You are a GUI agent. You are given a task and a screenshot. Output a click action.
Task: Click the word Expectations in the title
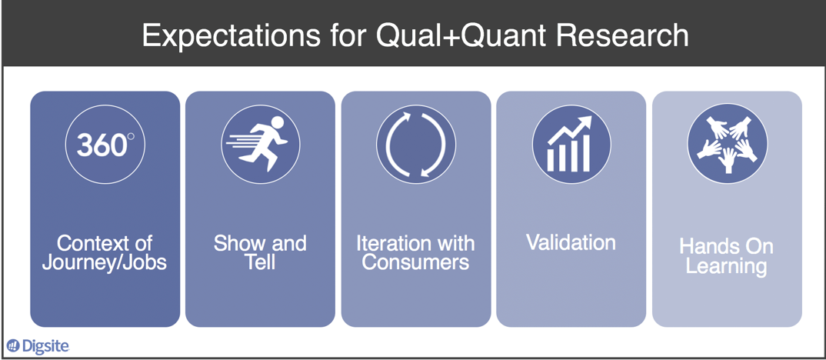[x=224, y=35]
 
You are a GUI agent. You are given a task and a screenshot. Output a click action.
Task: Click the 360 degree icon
[x=105, y=144]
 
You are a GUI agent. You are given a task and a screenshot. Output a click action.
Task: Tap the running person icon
[x=260, y=144]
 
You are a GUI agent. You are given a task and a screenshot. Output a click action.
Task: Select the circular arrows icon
[x=415, y=144]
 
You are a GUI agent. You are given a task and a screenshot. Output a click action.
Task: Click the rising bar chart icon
[x=571, y=144]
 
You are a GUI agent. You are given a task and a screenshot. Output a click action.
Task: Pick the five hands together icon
[x=727, y=144]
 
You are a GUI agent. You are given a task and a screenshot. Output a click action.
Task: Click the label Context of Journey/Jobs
[x=105, y=253]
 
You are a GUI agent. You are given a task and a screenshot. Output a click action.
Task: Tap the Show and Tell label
[x=260, y=253]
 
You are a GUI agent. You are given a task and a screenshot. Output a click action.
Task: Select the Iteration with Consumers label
[x=415, y=253]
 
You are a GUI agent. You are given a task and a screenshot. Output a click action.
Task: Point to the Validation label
[x=571, y=243]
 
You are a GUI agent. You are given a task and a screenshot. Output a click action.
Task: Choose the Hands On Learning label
[x=727, y=257]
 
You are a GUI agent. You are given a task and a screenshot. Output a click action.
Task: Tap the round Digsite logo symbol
[x=13, y=346]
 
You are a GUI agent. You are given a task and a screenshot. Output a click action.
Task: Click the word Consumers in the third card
[x=415, y=263]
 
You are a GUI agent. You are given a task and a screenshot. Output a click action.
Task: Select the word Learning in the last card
[x=727, y=267]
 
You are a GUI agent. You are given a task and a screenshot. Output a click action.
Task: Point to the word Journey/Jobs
[x=105, y=263]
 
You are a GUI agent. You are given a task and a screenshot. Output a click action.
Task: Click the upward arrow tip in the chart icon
[x=588, y=121]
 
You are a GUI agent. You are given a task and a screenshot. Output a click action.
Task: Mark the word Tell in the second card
[x=260, y=263]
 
